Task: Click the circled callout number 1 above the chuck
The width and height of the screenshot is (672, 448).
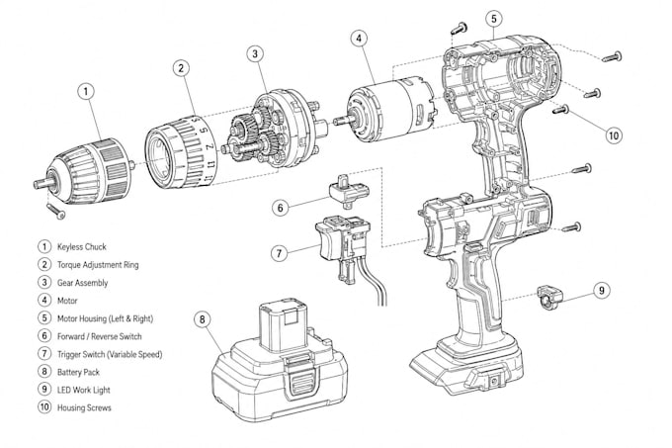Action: tap(86, 91)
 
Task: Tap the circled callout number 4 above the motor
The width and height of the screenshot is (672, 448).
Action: tap(359, 39)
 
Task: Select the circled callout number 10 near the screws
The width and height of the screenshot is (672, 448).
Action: tap(614, 135)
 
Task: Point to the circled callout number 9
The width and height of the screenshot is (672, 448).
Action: tap(602, 290)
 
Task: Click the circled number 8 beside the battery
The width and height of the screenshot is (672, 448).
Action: tap(203, 319)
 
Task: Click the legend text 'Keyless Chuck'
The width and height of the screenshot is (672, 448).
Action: tap(81, 247)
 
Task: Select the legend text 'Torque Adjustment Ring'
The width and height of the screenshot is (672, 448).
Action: tap(98, 265)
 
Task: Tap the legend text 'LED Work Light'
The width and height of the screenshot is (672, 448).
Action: tap(84, 390)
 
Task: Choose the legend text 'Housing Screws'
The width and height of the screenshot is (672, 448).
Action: tap(84, 407)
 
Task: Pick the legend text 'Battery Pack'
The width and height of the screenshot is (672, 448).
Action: tap(78, 372)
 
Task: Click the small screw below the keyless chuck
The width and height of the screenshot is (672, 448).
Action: tap(55, 211)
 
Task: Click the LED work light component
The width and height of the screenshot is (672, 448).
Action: tap(549, 297)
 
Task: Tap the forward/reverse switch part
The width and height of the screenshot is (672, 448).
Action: tap(349, 190)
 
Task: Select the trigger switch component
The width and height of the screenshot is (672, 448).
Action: tap(343, 248)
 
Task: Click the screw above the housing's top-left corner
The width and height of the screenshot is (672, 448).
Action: tap(459, 29)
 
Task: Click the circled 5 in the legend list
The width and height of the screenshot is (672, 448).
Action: tap(44, 318)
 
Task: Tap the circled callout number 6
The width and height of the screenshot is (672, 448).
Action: tap(280, 208)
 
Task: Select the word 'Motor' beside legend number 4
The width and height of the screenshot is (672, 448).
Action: tap(67, 301)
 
